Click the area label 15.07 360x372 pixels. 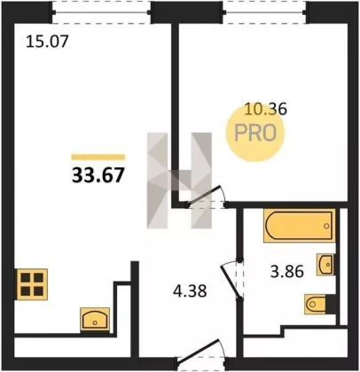(47, 41)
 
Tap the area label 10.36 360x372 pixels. (266, 109)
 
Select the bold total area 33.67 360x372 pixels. (98, 175)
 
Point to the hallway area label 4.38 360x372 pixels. (190, 291)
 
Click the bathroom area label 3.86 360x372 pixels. (286, 271)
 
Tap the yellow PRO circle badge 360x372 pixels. (254, 133)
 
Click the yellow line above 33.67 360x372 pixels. (98, 157)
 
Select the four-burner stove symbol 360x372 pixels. (32, 284)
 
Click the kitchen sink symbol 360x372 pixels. (95, 320)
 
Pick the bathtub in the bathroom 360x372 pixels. (300, 226)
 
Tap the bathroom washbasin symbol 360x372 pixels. (326, 264)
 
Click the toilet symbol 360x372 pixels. (320, 304)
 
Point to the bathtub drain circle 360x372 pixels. (326, 226)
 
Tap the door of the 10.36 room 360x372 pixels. (206, 196)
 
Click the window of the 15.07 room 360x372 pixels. (102, 12)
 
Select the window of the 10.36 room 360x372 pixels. (265, 12)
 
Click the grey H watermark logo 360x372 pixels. (179, 181)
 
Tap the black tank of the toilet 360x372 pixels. (331, 304)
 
